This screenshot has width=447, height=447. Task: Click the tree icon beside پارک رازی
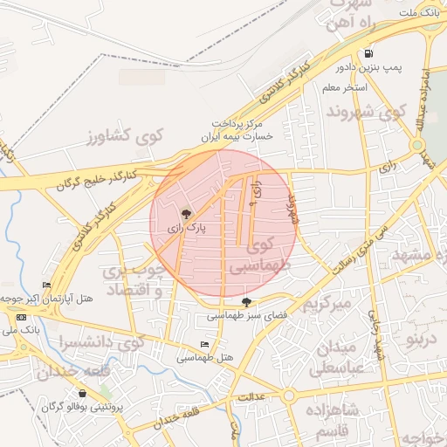(185, 213)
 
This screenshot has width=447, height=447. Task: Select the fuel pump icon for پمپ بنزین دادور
(370, 52)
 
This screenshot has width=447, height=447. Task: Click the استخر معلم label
(345, 87)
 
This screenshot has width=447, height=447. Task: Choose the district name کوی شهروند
(367, 111)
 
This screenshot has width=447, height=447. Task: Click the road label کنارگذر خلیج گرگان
(93, 181)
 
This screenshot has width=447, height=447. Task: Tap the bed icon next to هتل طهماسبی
(205, 345)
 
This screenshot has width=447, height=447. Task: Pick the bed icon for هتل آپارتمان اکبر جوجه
(46, 285)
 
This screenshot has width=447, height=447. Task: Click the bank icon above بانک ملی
(21, 316)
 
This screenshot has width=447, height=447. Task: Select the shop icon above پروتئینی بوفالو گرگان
(82, 394)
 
